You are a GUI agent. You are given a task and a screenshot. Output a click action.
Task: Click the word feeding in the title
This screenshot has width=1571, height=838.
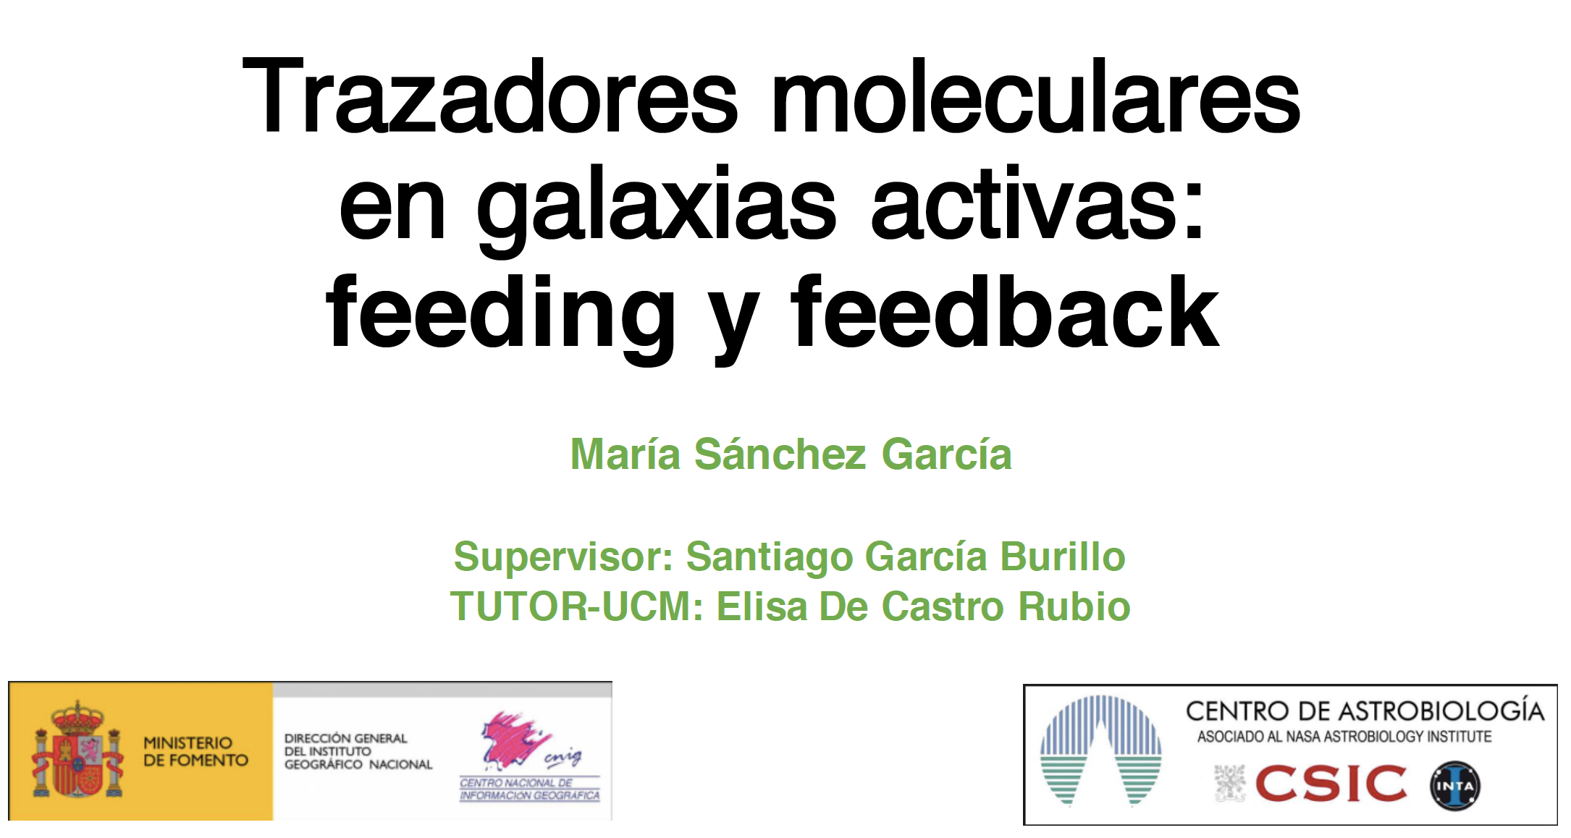click(x=500, y=316)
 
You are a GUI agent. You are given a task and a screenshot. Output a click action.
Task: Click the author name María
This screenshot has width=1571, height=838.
click(x=626, y=454)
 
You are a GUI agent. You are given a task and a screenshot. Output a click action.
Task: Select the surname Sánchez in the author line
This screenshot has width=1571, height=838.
click(x=780, y=454)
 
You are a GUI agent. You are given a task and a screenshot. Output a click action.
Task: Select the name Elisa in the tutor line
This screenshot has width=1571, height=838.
click(x=762, y=606)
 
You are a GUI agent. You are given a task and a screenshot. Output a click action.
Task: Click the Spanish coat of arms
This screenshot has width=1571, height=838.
click(x=77, y=750)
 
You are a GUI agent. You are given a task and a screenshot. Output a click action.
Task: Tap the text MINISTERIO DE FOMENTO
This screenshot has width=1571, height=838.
click(x=195, y=751)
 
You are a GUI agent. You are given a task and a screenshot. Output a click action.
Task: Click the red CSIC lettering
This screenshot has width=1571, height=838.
click(x=1331, y=784)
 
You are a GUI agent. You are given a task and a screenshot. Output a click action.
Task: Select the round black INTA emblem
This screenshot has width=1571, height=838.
click(x=1455, y=786)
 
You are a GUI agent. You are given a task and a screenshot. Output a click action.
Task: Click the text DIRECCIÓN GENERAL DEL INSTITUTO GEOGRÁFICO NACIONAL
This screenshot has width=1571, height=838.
click(x=358, y=751)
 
